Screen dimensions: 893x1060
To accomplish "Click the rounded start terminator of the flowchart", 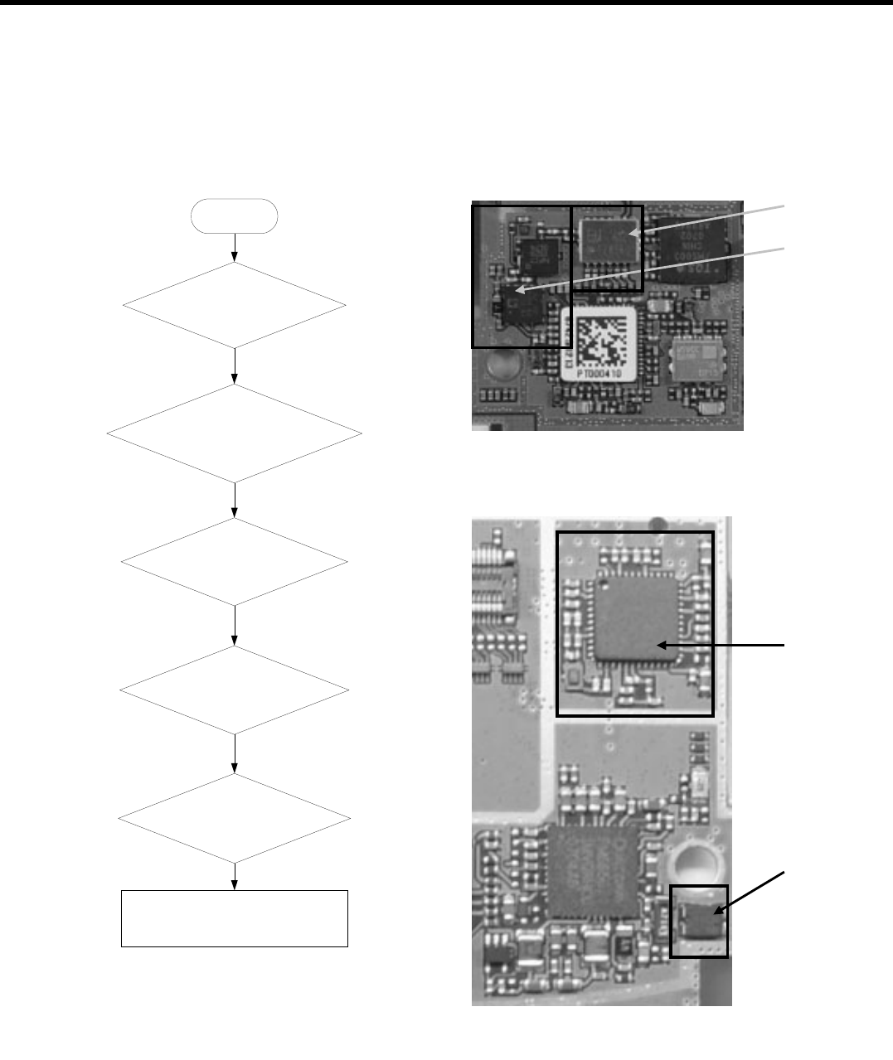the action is point(235,215).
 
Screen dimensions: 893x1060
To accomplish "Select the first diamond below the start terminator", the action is point(235,306).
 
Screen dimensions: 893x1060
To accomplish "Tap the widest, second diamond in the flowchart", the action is point(235,433).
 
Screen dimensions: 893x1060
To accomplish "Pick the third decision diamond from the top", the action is point(235,562).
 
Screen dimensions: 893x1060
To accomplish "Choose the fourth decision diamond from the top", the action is point(235,690).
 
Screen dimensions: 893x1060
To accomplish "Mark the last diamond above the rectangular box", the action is point(235,819).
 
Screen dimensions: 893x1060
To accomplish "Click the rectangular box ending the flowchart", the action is point(235,918).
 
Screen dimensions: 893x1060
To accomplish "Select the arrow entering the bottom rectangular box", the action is point(235,877).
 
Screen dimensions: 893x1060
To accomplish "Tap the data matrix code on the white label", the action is point(601,343).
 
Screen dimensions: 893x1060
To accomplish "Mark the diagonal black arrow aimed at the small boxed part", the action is point(753,891).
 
